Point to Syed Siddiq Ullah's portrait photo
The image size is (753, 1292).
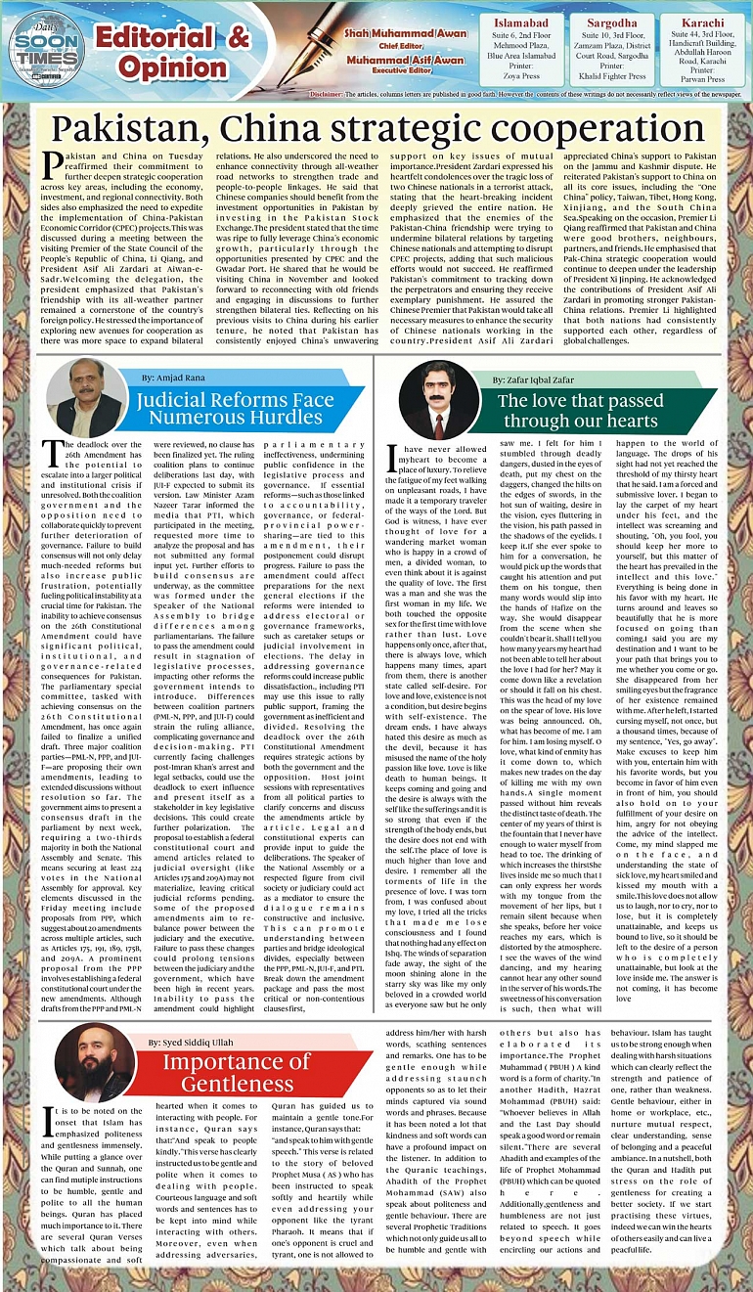[95, 1062]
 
